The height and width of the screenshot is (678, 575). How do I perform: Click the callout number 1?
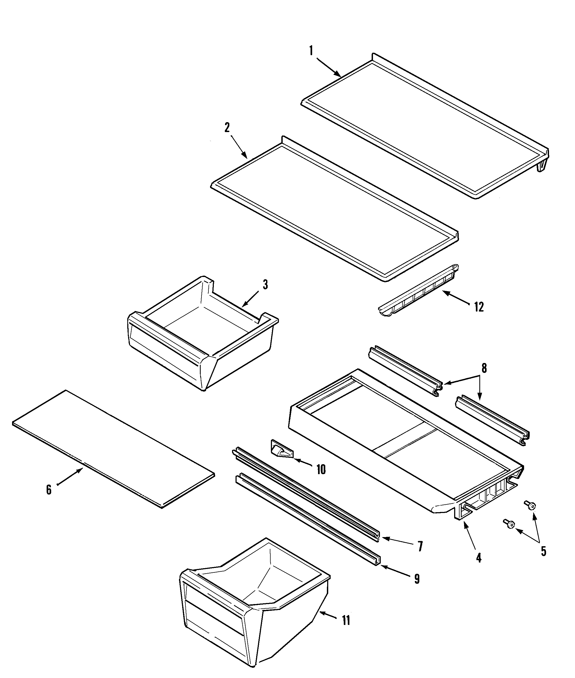311,51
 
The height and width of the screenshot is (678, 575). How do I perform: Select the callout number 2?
227,128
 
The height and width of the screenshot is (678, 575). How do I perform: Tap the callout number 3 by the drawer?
265,285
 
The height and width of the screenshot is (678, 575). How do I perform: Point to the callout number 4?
479,558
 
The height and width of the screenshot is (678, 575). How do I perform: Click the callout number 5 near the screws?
543,551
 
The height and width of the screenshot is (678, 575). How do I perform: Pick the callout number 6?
48,490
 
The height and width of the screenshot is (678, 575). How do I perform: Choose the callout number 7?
420,546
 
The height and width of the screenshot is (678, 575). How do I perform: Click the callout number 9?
417,579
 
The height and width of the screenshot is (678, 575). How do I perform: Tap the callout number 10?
321,470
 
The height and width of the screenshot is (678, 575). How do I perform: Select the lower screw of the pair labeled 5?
509,524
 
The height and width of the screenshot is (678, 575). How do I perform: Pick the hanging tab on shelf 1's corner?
542,166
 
